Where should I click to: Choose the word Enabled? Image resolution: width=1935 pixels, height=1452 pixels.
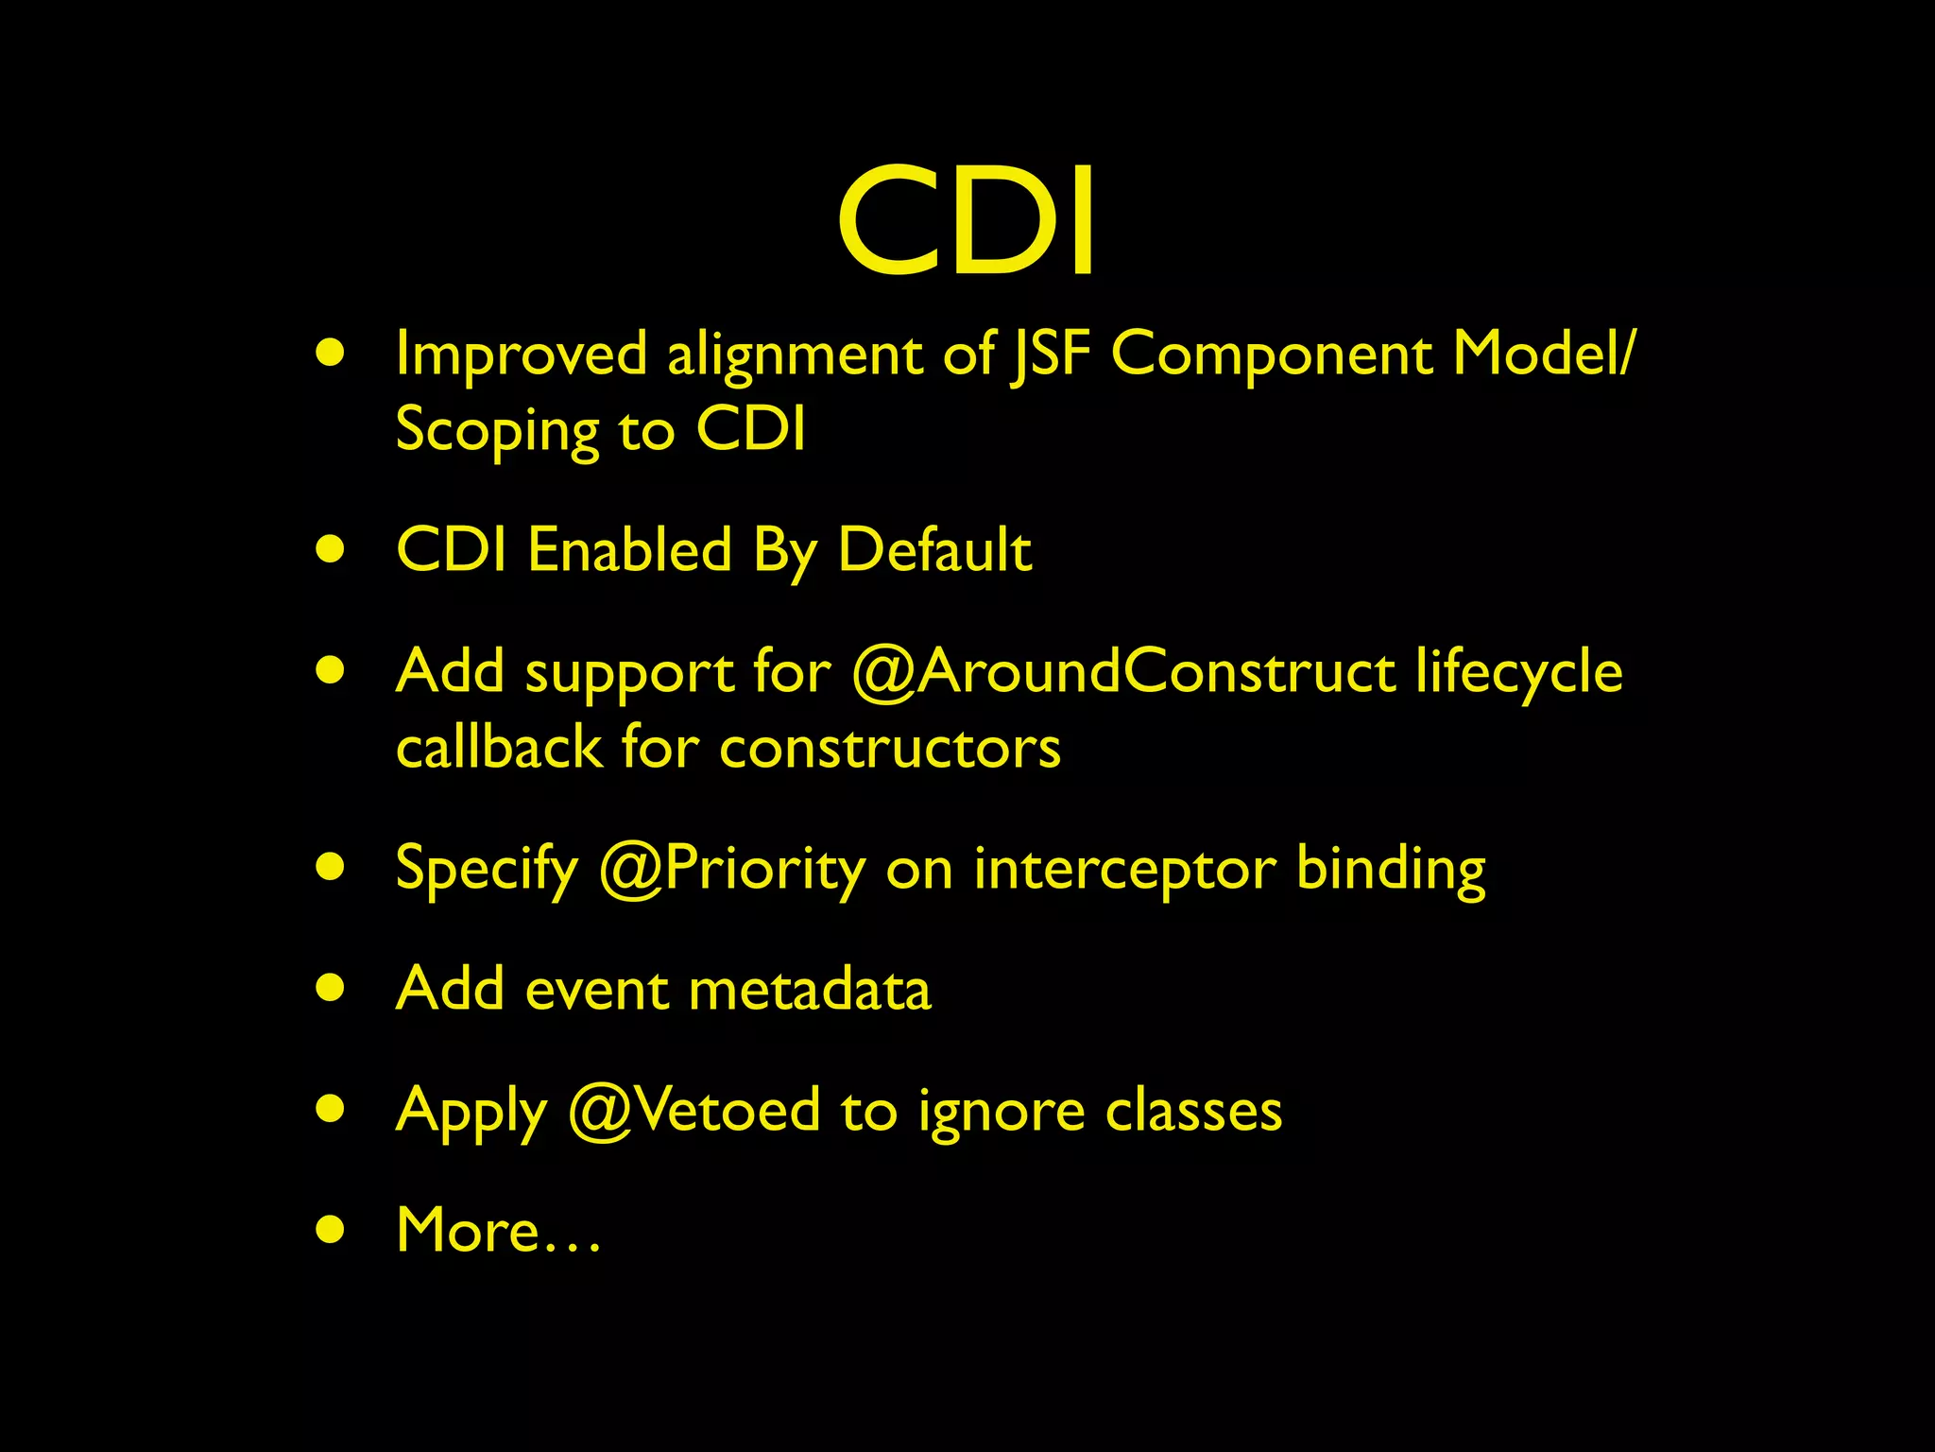[629, 550]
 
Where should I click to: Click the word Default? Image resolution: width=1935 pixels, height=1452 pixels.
[934, 550]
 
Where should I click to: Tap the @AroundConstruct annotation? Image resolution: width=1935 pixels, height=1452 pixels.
[1122, 672]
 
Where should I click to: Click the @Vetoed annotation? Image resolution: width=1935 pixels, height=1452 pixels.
[694, 1111]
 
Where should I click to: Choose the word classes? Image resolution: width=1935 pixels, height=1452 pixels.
[1193, 1111]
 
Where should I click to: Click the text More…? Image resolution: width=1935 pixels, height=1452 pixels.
[498, 1231]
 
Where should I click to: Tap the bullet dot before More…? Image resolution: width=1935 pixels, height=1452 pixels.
[331, 1230]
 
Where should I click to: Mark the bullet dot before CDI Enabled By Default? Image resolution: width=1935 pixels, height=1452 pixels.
[331, 550]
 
